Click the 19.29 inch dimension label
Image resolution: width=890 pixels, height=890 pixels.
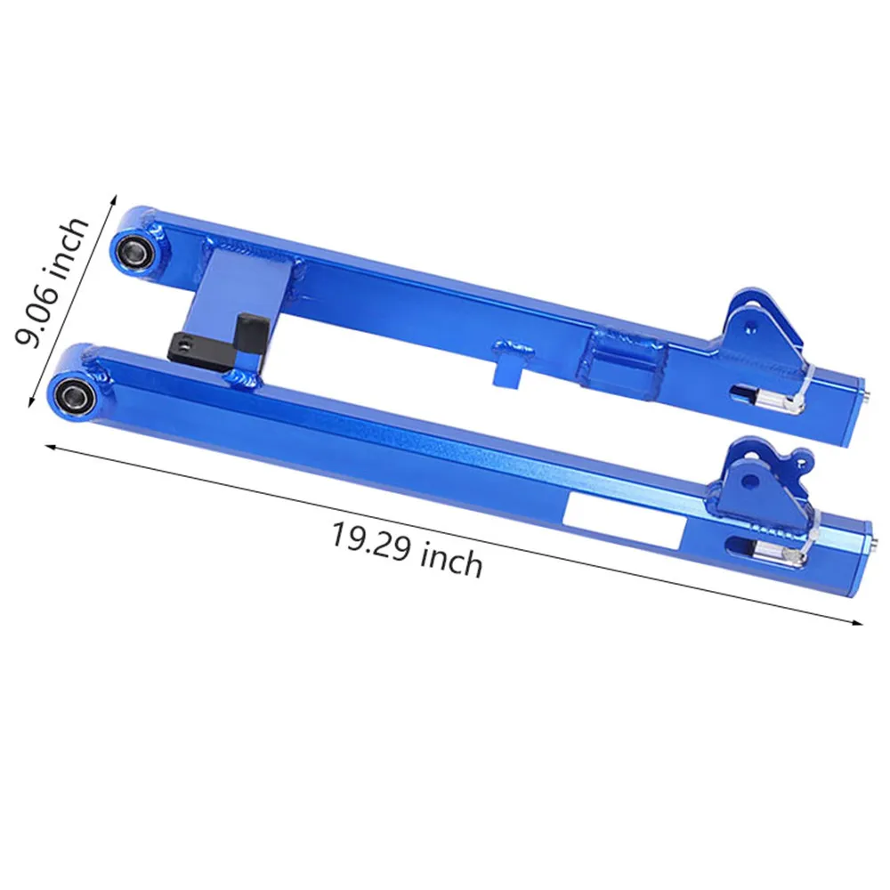click(x=407, y=549)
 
